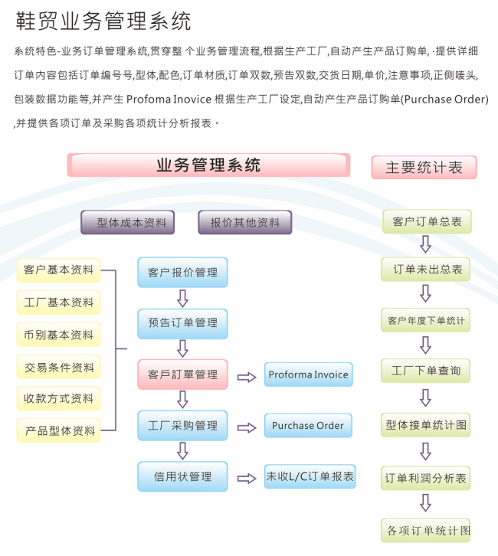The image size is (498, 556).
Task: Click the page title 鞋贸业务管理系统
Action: tap(104, 21)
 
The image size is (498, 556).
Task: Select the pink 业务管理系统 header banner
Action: tap(208, 165)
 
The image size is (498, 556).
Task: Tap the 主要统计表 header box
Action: tap(424, 168)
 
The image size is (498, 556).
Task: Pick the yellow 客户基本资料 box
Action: tap(59, 270)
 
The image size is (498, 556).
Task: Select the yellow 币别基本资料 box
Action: tap(59, 335)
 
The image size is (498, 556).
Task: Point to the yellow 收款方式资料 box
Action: tap(59, 398)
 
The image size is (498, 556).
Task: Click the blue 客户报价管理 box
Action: tap(182, 272)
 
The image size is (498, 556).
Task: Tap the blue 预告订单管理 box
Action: tap(182, 322)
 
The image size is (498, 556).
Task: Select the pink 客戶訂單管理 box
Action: tap(182, 374)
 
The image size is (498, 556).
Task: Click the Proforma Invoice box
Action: tap(308, 374)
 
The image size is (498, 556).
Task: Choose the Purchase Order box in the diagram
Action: tap(308, 426)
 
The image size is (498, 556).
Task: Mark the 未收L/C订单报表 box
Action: tap(310, 476)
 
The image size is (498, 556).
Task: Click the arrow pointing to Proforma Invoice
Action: tap(247, 376)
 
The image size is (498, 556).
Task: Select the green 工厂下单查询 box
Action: tap(426, 371)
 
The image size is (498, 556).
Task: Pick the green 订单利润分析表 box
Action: tap(426, 479)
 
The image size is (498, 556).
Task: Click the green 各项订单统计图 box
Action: tap(426, 530)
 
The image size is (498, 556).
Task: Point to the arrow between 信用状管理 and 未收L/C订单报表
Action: tap(247, 479)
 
